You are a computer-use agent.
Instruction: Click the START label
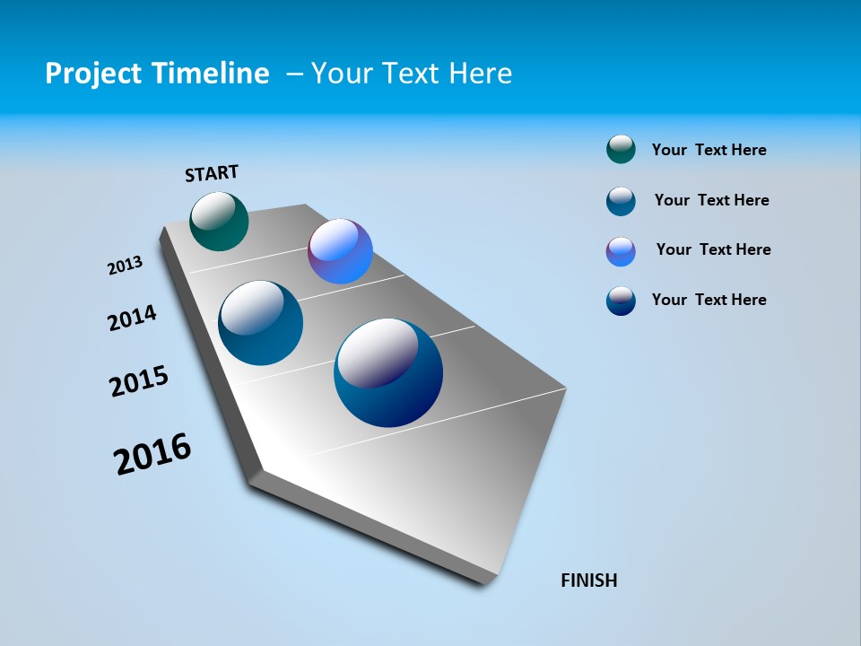(x=212, y=173)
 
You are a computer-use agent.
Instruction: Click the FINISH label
(x=589, y=581)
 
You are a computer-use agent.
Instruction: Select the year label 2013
(x=125, y=266)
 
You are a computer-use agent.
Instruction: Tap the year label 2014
(x=132, y=319)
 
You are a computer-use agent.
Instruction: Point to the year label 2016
(x=152, y=454)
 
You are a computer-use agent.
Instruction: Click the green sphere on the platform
(x=219, y=222)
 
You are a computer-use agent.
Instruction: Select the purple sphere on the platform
(x=340, y=251)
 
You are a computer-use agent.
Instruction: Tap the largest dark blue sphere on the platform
(x=388, y=373)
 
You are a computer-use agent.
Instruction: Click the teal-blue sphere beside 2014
(x=261, y=323)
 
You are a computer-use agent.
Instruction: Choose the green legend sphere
(x=621, y=150)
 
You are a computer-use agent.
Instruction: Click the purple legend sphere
(x=621, y=251)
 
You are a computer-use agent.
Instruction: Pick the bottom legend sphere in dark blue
(x=621, y=301)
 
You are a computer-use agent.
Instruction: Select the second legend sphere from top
(x=621, y=201)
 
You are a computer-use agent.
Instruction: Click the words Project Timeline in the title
(x=157, y=74)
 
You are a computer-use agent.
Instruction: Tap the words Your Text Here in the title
(x=412, y=74)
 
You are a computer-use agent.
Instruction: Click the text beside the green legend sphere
(x=709, y=151)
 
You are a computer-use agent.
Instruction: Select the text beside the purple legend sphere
(x=713, y=249)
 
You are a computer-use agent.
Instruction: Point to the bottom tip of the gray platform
(x=489, y=581)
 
